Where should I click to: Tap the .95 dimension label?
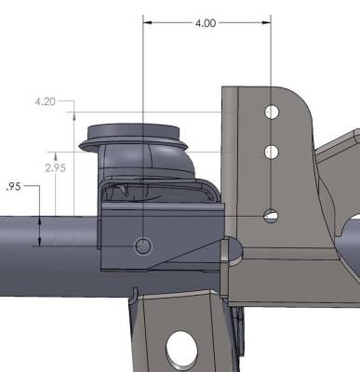click(12, 186)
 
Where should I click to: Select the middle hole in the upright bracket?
click(271, 152)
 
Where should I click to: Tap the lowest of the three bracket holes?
click(270, 216)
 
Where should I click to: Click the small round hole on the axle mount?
click(142, 246)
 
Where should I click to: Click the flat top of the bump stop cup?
click(136, 128)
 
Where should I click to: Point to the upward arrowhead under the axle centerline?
click(42, 244)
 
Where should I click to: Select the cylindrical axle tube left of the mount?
click(47, 246)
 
